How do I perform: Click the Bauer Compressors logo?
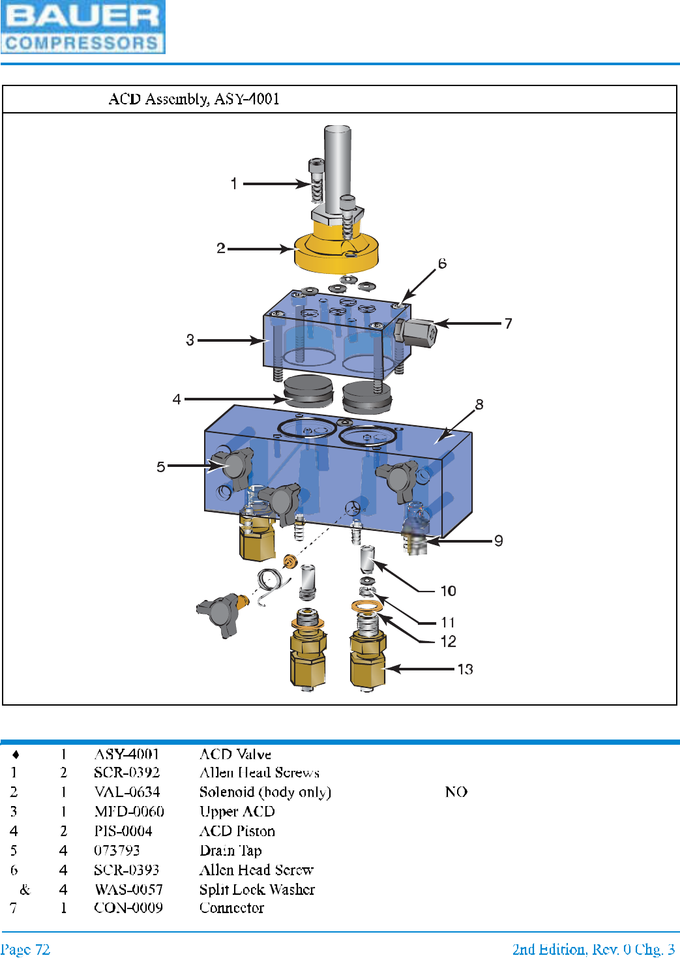(x=83, y=27)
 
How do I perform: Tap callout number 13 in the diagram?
(x=465, y=669)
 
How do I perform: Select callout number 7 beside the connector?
(x=509, y=323)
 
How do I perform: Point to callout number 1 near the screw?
(x=234, y=184)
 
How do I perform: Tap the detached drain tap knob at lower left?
(x=220, y=613)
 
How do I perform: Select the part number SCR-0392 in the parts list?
(x=126, y=773)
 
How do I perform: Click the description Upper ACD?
(x=237, y=812)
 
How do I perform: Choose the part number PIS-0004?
(x=123, y=831)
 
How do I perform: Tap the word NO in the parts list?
(x=456, y=792)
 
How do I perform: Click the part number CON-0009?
(x=128, y=908)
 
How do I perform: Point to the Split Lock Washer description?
(x=257, y=890)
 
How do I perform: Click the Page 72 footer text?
(x=25, y=950)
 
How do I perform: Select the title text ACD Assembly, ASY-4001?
(x=194, y=99)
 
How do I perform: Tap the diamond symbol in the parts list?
(x=16, y=755)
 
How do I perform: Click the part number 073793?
(x=117, y=850)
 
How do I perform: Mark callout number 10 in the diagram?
(x=448, y=591)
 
